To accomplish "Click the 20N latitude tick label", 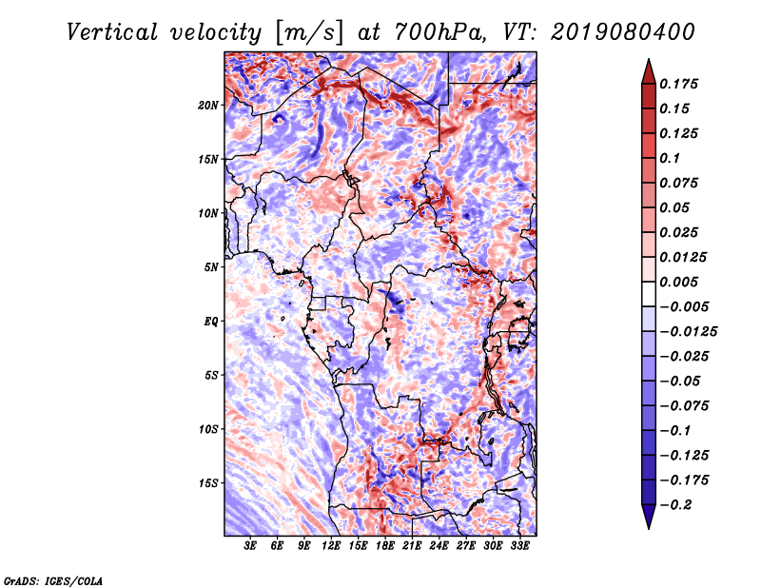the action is click(x=207, y=106).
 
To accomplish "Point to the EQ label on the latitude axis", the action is click(x=210, y=322).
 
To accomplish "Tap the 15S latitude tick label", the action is click(x=207, y=483).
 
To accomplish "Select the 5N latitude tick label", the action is click(x=210, y=267).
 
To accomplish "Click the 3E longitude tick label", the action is click(x=250, y=546).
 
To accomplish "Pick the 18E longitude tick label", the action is click(x=385, y=546).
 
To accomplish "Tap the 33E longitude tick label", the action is click(x=519, y=546).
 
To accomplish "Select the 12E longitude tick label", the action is click(x=331, y=546).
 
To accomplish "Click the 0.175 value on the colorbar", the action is click(x=678, y=84).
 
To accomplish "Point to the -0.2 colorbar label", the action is click(x=674, y=505).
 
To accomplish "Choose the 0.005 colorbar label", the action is click(x=678, y=282).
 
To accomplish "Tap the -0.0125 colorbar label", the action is click(x=688, y=332).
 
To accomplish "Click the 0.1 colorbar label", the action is click(x=670, y=158).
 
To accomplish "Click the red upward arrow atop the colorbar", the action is click(x=649, y=72).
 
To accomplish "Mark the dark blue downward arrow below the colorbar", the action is click(x=649, y=517).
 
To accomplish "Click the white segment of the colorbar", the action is click(x=649, y=294).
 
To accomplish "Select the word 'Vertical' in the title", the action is click(x=112, y=32).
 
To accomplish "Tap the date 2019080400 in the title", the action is click(x=623, y=32).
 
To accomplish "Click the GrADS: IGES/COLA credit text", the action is click(x=53, y=580).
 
